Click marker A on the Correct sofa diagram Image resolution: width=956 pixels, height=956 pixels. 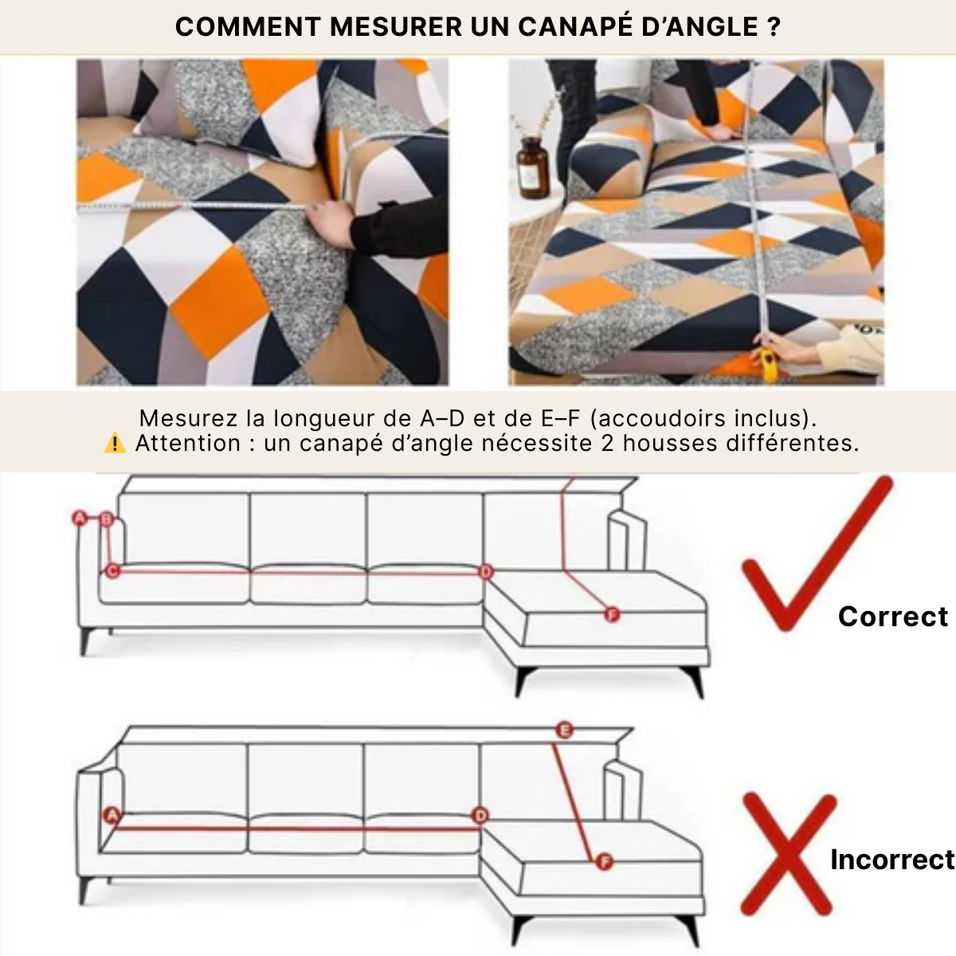pyautogui.click(x=80, y=519)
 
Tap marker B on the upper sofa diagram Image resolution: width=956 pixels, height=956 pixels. pyautogui.click(x=108, y=520)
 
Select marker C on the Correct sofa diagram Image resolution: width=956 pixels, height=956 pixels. pyautogui.click(x=112, y=570)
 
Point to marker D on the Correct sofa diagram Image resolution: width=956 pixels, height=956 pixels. pyautogui.click(x=486, y=572)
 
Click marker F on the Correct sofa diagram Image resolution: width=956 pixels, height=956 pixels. pyautogui.click(x=611, y=614)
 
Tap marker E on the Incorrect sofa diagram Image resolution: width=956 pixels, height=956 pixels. pyautogui.click(x=564, y=730)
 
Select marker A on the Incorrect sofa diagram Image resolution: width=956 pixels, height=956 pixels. pyautogui.click(x=112, y=815)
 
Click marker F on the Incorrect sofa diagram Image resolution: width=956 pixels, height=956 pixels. pyautogui.click(x=604, y=862)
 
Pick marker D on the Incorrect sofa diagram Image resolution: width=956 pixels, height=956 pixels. pyautogui.click(x=480, y=816)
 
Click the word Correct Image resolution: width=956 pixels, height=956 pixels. pyautogui.click(x=892, y=617)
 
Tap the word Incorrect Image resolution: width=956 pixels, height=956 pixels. pyautogui.click(x=891, y=860)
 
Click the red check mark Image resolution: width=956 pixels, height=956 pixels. pyautogui.click(x=813, y=558)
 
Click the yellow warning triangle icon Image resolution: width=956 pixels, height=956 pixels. pyautogui.click(x=115, y=444)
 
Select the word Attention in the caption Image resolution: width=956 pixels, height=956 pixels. pyautogui.click(x=187, y=444)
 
